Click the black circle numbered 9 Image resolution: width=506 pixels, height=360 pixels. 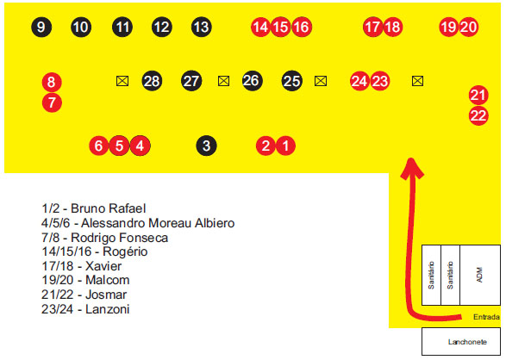pos(41,27)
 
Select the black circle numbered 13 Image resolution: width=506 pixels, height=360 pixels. pos(202,27)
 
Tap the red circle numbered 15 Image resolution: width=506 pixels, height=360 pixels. pos(280,27)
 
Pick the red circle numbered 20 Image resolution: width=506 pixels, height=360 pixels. pos(468,27)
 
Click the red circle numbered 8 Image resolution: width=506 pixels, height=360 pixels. pos(52,82)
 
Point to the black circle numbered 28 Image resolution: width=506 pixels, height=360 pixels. pos(152,81)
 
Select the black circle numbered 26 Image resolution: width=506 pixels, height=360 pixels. pos(252,81)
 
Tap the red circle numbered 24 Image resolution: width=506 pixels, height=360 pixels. pos(359,81)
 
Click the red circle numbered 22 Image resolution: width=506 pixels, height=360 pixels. pos(478,115)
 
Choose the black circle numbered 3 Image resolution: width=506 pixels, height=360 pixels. pos(206,146)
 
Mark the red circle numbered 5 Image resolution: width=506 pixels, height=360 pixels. pos(119,146)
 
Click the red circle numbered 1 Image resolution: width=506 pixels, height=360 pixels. pos(285,146)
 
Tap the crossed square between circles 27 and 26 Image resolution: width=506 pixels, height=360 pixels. pos(223,81)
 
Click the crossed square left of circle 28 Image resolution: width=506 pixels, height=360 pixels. pos(122,81)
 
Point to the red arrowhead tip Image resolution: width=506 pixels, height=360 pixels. pos(411,158)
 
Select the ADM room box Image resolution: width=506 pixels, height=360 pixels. pos(480,275)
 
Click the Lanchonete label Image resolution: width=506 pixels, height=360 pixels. pos(467,342)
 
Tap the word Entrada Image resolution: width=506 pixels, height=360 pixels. pos(486,317)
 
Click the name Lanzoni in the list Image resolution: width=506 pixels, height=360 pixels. pos(108,309)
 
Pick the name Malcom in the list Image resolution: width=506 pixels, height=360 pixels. pos(108,280)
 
